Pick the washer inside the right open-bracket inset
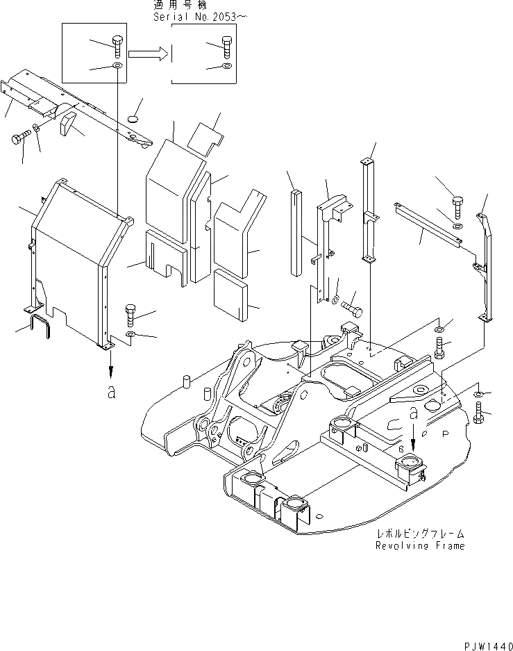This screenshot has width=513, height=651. tap(227, 66)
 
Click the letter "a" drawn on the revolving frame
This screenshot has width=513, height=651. tap(414, 413)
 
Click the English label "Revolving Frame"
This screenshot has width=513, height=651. tap(420, 545)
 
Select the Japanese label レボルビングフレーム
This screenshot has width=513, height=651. tap(420, 534)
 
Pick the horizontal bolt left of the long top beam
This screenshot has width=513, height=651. tap(22, 138)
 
